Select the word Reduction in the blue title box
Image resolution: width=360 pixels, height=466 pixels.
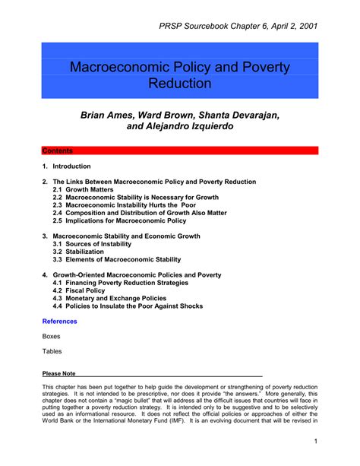coord(180,83)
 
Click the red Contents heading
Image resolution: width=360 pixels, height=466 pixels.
coord(57,151)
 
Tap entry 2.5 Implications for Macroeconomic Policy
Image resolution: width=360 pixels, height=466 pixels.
coord(119,220)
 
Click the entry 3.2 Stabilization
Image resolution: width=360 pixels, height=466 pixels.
coord(78,252)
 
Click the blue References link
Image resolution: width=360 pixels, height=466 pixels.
coord(59,322)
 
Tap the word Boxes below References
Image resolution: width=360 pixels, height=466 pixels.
coord(52,336)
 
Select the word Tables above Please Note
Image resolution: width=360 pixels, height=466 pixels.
coord(52,351)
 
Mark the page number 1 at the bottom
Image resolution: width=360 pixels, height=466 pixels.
coord(314,442)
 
